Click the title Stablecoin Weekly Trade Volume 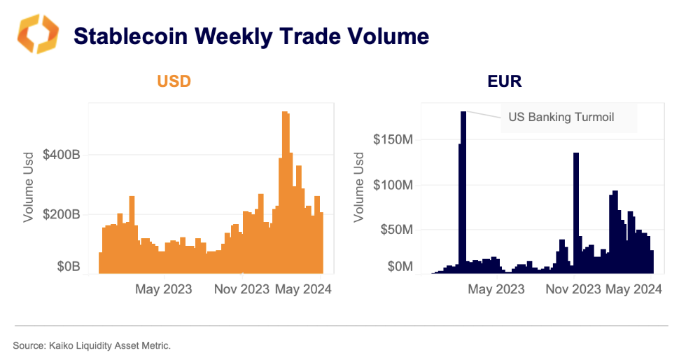click(251, 36)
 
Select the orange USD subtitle click(174, 81)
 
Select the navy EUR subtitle click(505, 81)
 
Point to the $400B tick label click(61, 155)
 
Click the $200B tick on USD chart click(61, 214)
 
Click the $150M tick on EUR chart click(392, 139)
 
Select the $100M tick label click(392, 185)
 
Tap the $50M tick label click(395, 230)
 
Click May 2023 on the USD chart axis click(162, 289)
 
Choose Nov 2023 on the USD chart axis click(240, 289)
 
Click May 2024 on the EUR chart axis click(633, 289)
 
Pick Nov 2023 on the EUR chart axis click(573, 289)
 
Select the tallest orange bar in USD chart click(285, 192)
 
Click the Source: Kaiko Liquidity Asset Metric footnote click(92, 345)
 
